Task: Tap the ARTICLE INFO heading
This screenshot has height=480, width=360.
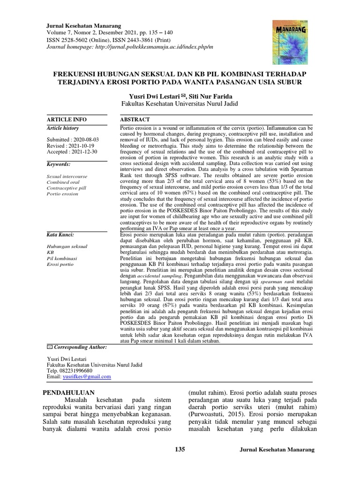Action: pyautogui.click(x=67, y=120)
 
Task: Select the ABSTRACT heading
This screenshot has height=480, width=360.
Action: pyautogui.click(x=135, y=120)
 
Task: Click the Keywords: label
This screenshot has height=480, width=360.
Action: pyautogui.click(x=59, y=165)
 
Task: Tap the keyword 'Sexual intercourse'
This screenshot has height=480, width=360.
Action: pyautogui.click(x=67, y=177)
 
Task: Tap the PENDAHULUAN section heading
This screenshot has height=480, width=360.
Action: pyautogui.click(x=68, y=392)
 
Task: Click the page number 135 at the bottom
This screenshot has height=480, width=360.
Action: pyautogui.click(x=180, y=450)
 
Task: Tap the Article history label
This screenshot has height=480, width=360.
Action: pyautogui.click(x=63, y=128)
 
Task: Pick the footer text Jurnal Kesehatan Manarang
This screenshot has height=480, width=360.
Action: pyautogui.click(x=277, y=450)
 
